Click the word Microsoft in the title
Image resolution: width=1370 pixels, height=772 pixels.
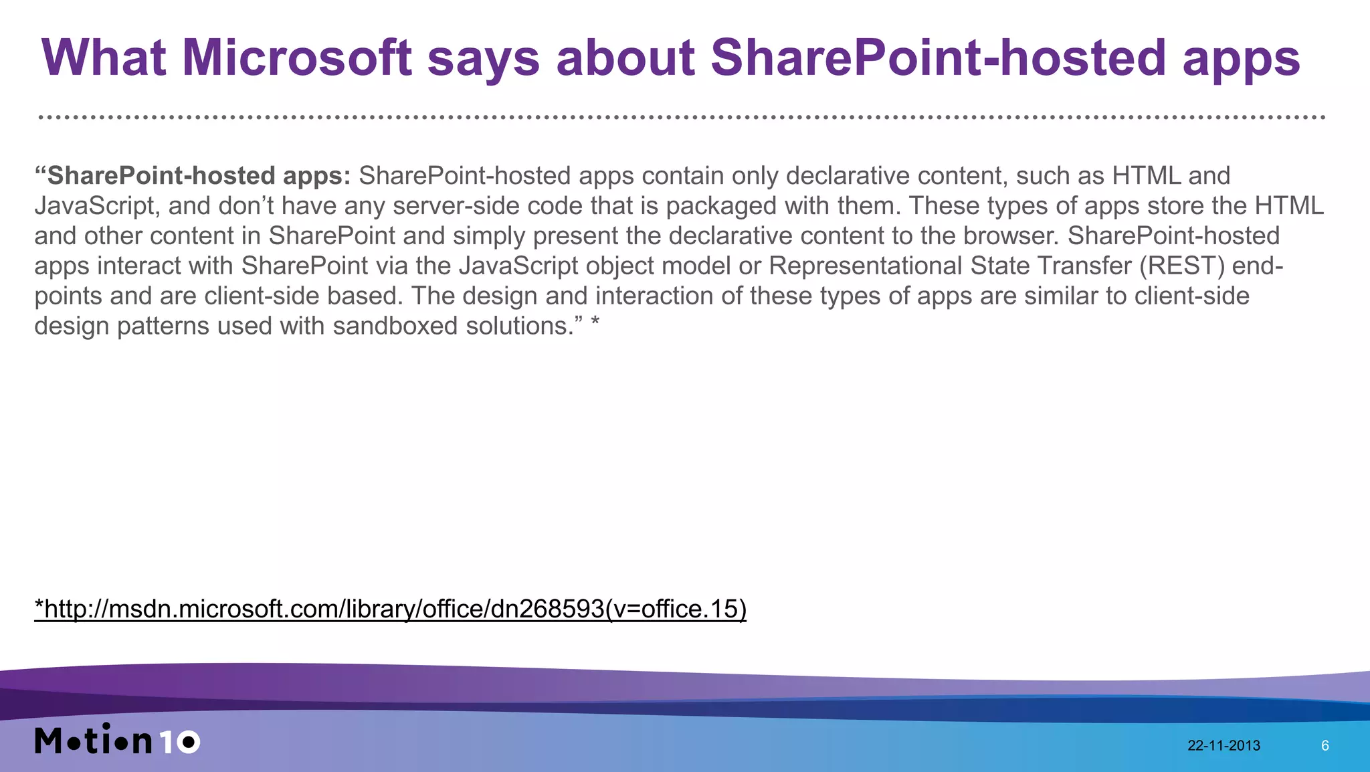(296, 58)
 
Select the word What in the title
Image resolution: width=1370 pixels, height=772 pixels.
(104, 58)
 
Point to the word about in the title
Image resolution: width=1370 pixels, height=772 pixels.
(625, 58)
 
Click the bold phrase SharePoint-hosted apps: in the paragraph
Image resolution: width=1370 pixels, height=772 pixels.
(199, 175)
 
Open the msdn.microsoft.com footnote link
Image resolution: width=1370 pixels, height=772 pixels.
(390, 609)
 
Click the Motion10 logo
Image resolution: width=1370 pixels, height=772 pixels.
(117, 740)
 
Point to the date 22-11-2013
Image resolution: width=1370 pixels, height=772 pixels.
(1224, 746)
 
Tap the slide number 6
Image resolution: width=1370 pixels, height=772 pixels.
(1325, 746)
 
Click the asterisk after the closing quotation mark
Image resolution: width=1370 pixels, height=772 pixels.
(595, 323)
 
